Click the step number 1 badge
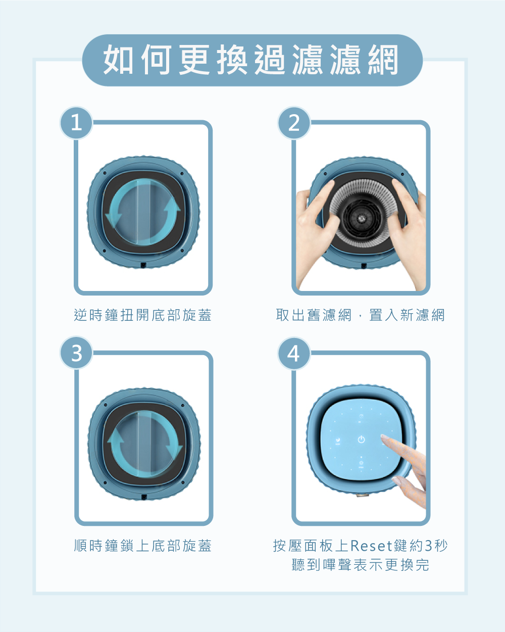[77, 122]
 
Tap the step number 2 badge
[294, 122]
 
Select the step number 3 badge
[77, 353]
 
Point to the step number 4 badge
[294, 353]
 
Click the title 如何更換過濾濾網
[251, 60]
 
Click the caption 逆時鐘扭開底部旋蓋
[143, 315]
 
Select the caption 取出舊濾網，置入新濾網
[360, 315]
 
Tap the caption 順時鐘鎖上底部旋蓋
[143, 546]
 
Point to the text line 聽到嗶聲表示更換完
[361, 565]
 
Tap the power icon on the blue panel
[362, 440]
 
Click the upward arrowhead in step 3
[116, 435]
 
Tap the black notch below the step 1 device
[144, 265]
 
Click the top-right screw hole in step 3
[183, 405]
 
